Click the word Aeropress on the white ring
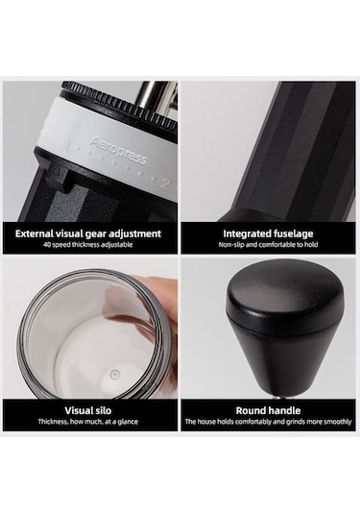118,151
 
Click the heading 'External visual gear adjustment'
88,233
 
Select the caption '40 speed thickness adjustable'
87,245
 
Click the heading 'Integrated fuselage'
268,233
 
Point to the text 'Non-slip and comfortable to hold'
268,245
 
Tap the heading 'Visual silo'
87,410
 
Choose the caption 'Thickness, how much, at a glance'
87,422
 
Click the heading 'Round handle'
268,410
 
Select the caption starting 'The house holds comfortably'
268,422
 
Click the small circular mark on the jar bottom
114,374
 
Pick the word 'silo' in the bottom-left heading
102,410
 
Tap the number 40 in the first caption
47,245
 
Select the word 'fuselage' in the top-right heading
291,234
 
